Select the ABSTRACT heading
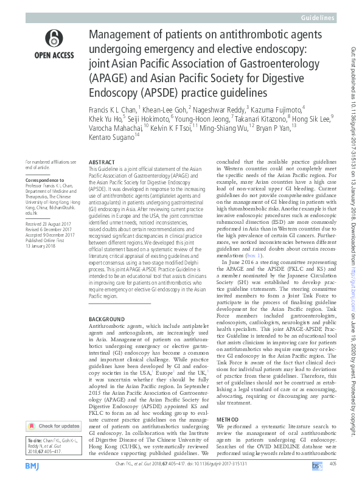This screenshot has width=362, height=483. point(102,163)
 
